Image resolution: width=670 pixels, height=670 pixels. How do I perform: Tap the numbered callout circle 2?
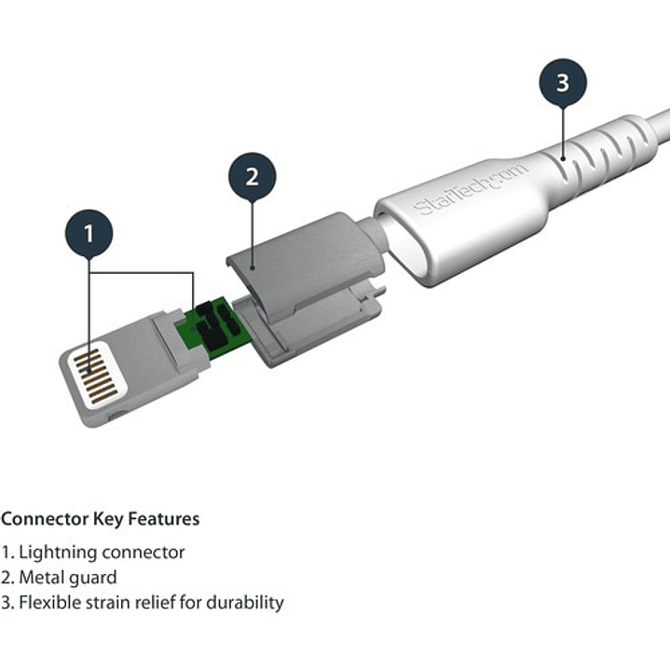coord(252,176)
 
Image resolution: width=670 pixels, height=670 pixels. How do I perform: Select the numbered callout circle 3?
coord(562,82)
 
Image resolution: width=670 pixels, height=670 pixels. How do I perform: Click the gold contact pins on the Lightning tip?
coord(96,376)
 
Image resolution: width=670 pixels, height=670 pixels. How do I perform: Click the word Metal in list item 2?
coord(43,577)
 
